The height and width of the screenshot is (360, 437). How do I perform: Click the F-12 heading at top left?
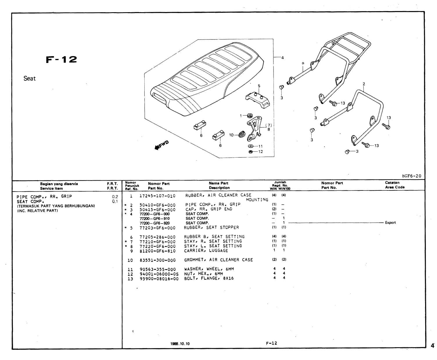[x=62, y=60]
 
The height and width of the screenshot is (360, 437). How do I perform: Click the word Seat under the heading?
[x=30, y=78]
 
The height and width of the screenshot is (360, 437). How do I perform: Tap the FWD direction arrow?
[x=161, y=145]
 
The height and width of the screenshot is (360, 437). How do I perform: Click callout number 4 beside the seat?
[x=283, y=57]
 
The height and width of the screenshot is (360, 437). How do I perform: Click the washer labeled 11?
[x=250, y=146]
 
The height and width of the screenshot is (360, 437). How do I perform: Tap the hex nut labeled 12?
[x=250, y=152]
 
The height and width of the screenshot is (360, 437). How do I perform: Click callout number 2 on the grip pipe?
[x=364, y=84]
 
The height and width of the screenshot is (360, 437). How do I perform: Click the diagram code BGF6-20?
[x=411, y=176]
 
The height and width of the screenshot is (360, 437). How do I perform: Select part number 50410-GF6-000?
[x=157, y=205]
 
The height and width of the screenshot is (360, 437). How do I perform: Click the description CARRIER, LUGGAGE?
[x=206, y=251]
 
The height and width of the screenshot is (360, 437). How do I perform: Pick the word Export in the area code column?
[x=390, y=223]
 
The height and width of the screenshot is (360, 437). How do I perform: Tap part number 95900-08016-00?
[x=159, y=279]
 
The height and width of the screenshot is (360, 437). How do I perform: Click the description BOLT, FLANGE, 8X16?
[x=209, y=278]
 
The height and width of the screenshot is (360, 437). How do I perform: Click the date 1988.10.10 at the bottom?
[x=180, y=344]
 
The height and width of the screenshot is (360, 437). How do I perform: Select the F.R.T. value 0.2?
[x=115, y=197]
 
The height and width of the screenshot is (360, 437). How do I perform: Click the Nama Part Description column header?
[x=219, y=186]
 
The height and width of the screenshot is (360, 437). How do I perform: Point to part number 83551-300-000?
[x=157, y=260]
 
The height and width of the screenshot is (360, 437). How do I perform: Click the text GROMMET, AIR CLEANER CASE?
[x=218, y=260]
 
